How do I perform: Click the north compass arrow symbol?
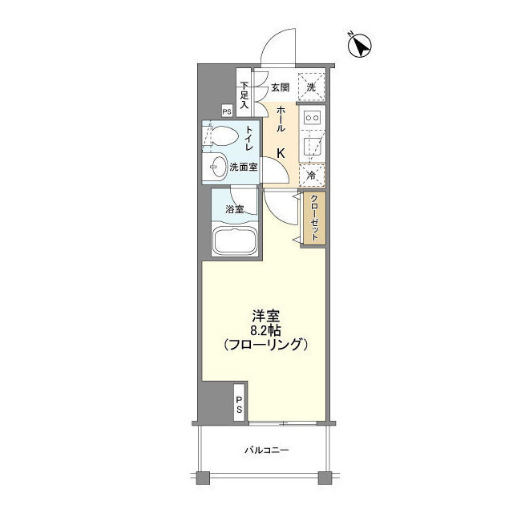(360, 46)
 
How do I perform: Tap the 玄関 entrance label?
(279, 87)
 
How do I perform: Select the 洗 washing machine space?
(311, 87)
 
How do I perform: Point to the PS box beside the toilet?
(227, 112)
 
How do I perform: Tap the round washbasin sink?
(216, 167)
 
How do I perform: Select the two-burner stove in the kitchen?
(313, 119)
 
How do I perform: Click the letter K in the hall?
(281, 152)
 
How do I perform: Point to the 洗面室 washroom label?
(244, 168)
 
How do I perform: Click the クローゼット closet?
(314, 219)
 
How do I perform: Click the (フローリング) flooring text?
(264, 345)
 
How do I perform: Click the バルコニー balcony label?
(266, 449)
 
